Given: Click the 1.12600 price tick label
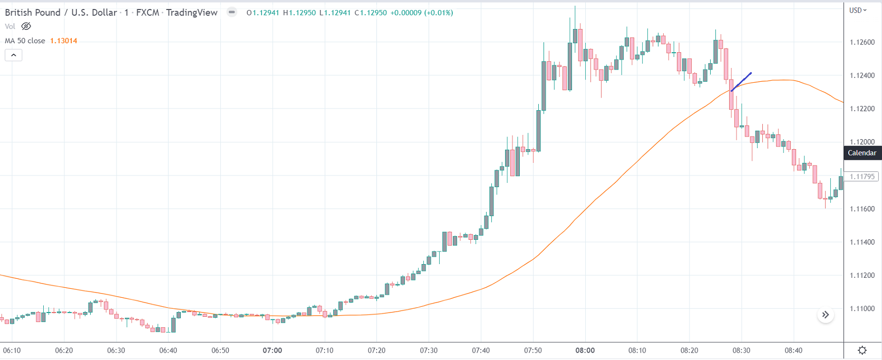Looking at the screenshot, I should tap(862, 42).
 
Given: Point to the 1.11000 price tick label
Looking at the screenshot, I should tap(862, 309).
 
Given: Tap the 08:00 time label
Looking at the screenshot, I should tap(585, 351).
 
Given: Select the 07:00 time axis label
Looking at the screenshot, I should tap(272, 351).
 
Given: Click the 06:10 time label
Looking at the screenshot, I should tap(12, 351).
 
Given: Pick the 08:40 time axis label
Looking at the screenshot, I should tap(793, 351).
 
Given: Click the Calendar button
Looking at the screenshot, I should tap(862, 153).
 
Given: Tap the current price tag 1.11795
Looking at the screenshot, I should tap(862, 177).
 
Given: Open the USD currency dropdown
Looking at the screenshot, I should tap(858, 11).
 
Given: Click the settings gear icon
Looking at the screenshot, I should tap(862, 351).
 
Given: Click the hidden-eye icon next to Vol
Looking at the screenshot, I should tap(26, 26).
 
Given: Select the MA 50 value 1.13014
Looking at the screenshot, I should tap(63, 41).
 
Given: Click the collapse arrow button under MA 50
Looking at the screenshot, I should tap(14, 55).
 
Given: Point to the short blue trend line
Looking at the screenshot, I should tap(741, 82).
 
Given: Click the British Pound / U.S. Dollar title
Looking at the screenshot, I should tap(61, 13).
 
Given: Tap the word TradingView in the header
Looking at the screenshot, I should tap(191, 13).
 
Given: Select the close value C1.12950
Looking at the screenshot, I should tap(371, 13).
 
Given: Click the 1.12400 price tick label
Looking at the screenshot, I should tap(862, 75).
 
